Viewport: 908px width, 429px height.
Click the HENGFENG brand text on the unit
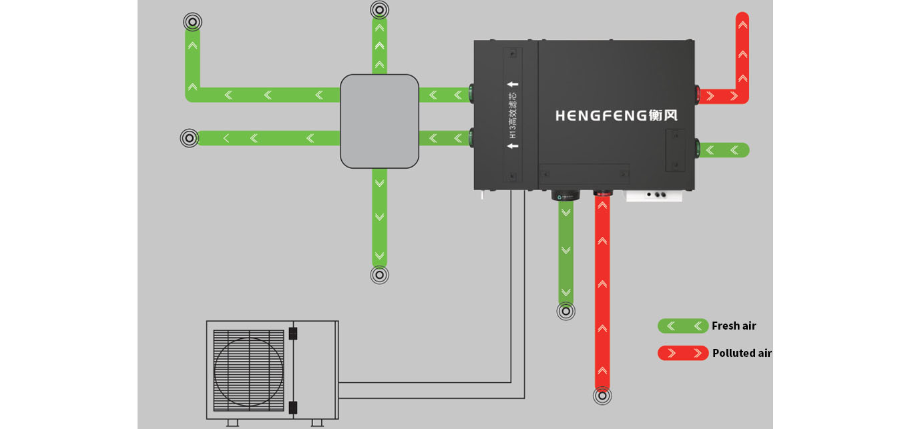(x=616, y=115)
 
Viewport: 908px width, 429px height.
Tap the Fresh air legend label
(x=734, y=326)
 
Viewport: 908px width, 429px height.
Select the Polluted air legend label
(x=742, y=353)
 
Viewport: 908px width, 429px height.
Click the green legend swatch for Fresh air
(x=683, y=326)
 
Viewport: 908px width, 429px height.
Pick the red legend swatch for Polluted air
(x=683, y=353)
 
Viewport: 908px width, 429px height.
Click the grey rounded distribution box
(x=379, y=121)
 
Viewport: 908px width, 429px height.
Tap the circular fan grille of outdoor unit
(x=248, y=372)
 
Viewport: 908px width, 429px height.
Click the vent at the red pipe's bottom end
(x=602, y=396)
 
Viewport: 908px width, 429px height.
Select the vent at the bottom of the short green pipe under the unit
(x=566, y=311)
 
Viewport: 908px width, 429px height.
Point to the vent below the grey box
(x=379, y=275)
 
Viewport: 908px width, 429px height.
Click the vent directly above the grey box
(x=379, y=10)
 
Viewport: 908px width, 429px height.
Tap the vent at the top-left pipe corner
(x=192, y=22)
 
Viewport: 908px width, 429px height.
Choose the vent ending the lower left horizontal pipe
(x=190, y=138)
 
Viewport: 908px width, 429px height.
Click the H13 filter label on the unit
(x=513, y=115)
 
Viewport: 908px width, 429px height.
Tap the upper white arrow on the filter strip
(x=513, y=84)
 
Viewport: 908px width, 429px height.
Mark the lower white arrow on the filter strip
(x=513, y=145)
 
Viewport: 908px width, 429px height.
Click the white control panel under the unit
(x=654, y=196)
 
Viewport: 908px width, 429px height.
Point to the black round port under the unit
(x=566, y=195)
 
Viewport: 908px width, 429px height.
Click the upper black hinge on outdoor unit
(x=293, y=334)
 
